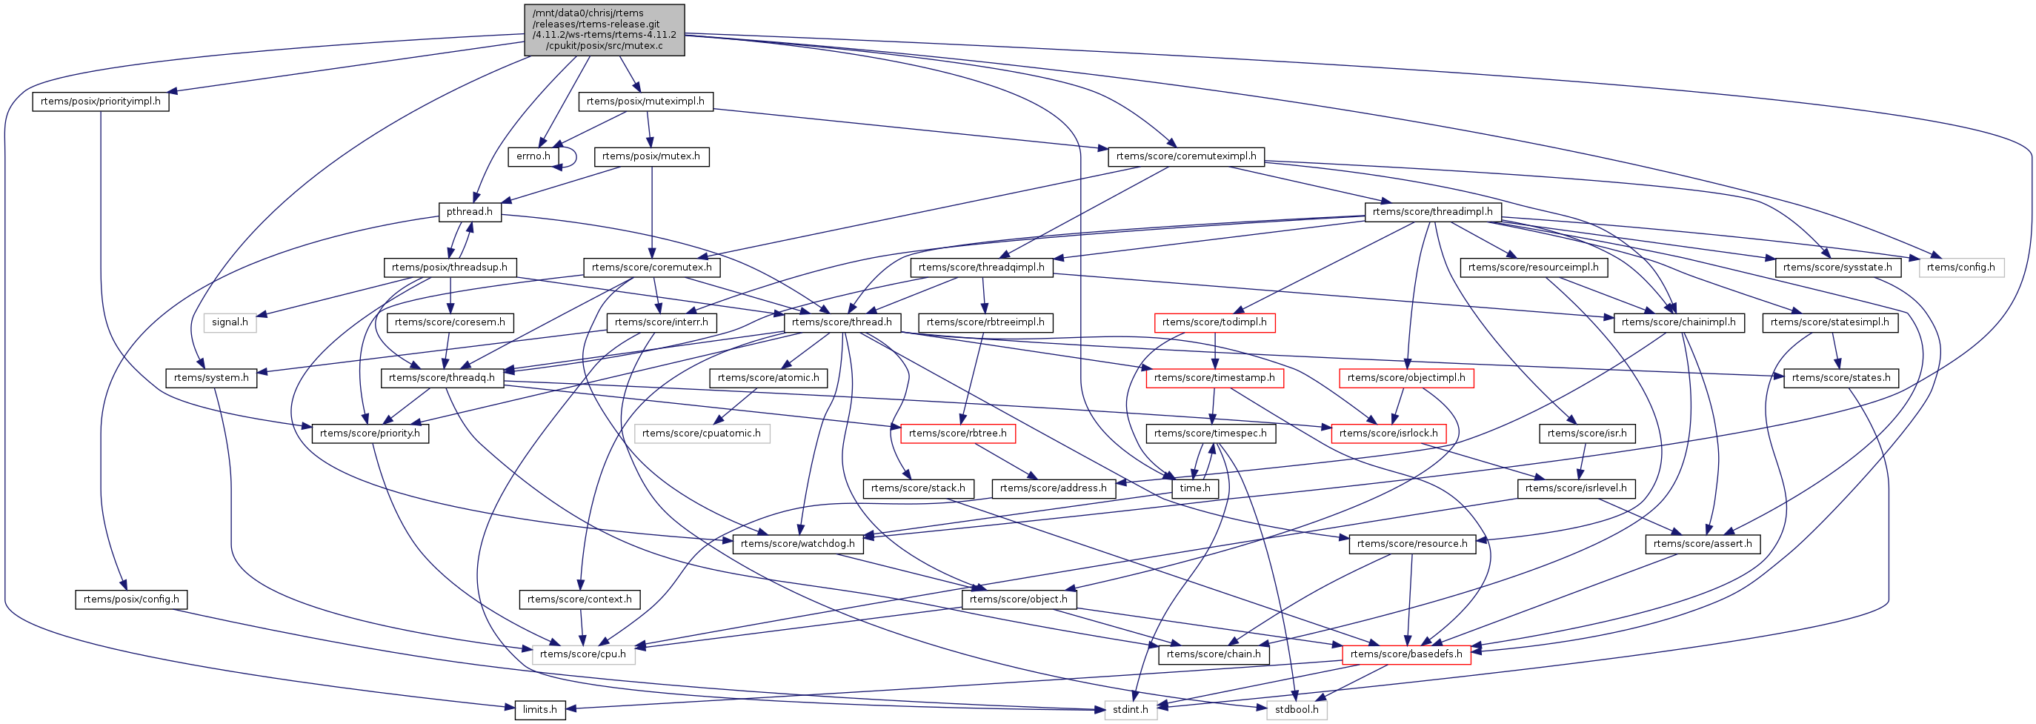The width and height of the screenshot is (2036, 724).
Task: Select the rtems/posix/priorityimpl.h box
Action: pyautogui.click(x=100, y=102)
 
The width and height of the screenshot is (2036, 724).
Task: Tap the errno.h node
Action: pyautogui.click(x=533, y=156)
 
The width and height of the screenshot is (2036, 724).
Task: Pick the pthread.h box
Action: pyautogui.click(x=470, y=212)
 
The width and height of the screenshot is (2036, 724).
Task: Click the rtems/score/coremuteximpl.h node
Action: pyautogui.click(x=1185, y=156)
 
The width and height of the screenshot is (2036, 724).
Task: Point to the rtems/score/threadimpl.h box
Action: pyautogui.click(x=1432, y=212)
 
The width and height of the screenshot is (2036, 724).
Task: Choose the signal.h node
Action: pyautogui.click(x=230, y=322)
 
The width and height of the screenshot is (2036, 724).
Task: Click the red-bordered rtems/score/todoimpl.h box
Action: pyautogui.click(x=1214, y=322)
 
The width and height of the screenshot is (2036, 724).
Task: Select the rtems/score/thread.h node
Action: pyautogui.click(x=842, y=322)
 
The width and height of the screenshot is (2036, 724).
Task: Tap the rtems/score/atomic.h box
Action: pyautogui.click(x=768, y=378)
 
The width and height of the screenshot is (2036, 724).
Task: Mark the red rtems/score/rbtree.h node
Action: pyautogui.click(x=958, y=433)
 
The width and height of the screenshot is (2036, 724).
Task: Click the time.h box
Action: pyautogui.click(x=1194, y=488)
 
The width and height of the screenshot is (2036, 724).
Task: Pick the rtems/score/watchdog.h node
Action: pyautogui.click(x=797, y=544)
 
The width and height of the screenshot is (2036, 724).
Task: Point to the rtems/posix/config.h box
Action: pyautogui.click(x=131, y=599)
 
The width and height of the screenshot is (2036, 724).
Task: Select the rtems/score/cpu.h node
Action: pyautogui.click(x=582, y=654)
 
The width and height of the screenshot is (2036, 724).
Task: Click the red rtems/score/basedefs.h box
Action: pyautogui.click(x=1406, y=654)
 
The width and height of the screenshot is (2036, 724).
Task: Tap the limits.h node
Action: pyautogui.click(x=540, y=710)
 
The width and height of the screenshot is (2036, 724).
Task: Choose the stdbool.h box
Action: pyautogui.click(x=1297, y=710)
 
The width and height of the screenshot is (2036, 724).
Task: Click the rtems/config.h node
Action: pyautogui.click(x=1961, y=268)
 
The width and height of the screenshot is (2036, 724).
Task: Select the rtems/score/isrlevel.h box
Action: pyautogui.click(x=1576, y=488)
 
